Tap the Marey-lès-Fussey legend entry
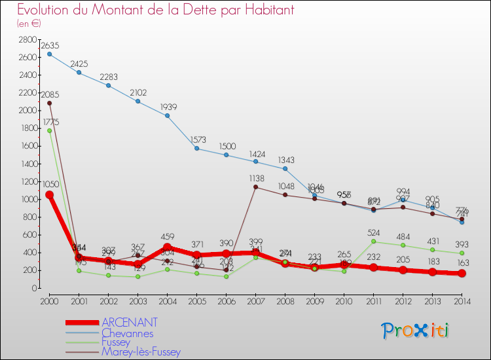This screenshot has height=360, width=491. point(140,351)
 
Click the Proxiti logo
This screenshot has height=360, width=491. point(416,331)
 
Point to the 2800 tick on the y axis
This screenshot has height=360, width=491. point(27,40)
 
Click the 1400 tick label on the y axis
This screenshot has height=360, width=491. point(27,164)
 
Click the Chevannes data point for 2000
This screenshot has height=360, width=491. point(49,54)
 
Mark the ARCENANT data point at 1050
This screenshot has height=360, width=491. point(49,194)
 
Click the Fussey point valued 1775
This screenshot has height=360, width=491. point(49,130)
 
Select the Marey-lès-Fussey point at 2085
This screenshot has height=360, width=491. point(49,103)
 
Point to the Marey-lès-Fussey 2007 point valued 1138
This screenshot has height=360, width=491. point(255,187)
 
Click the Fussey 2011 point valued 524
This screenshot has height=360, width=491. point(373,241)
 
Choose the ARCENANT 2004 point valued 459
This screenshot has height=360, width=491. point(167,247)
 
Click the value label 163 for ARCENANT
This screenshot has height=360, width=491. point(462,262)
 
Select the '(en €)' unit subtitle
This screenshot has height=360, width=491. point(29,24)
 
